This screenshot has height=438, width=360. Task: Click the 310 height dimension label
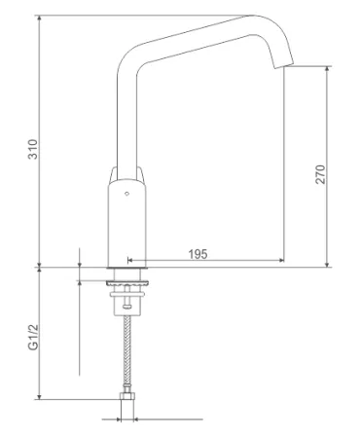(33, 149)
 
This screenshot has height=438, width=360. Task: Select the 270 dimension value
(320, 174)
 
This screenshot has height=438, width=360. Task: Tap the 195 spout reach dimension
(198, 254)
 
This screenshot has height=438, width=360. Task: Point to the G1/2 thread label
(33, 338)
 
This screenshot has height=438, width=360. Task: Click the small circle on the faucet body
(126, 194)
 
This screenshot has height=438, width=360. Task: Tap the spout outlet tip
(284, 66)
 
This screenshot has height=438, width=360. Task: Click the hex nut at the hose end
(126, 396)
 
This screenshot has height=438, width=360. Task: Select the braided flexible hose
(127, 349)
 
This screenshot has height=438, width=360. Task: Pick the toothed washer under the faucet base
(127, 283)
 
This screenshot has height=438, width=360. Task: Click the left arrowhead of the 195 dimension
(129, 260)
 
